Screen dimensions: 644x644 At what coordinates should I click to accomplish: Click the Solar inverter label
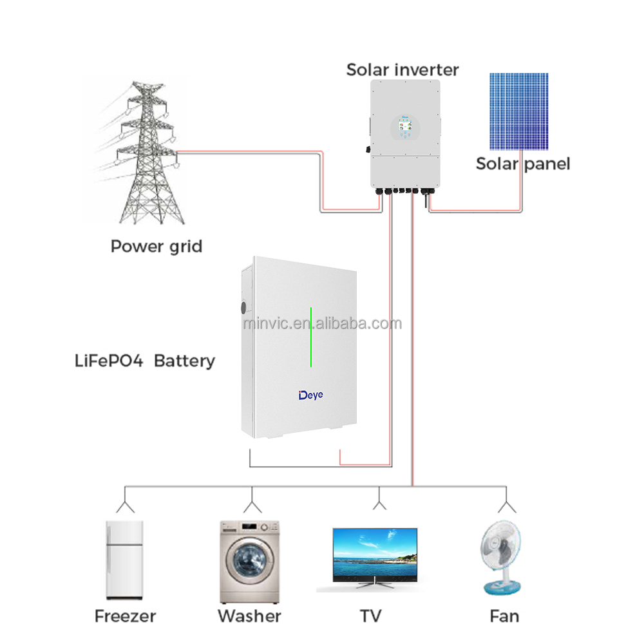(402, 70)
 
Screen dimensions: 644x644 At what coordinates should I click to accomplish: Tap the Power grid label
(156, 247)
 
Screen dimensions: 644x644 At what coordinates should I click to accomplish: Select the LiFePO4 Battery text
(144, 361)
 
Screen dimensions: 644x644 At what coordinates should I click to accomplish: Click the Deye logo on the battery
(311, 395)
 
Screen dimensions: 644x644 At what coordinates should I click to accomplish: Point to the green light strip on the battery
(311, 337)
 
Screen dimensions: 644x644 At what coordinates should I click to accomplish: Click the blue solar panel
(518, 111)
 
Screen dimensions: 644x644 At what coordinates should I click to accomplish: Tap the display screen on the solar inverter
(405, 126)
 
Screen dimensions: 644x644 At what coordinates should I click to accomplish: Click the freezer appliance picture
(124, 560)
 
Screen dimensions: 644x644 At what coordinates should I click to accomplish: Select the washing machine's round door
(249, 560)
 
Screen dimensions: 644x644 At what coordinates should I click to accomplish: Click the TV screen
(375, 553)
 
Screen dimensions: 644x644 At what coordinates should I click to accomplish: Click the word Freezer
(126, 616)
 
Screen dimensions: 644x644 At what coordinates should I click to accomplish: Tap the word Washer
(250, 616)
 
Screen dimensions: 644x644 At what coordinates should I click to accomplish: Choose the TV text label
(371, 616)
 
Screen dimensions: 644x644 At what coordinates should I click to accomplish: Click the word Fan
(505, 616)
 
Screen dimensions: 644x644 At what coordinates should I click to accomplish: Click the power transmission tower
(149, 153)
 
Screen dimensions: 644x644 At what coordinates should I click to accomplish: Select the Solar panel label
(523, 164)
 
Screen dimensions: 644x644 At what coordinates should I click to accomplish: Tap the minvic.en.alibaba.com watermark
(323, 323)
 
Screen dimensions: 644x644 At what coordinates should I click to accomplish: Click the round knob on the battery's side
(243, 307)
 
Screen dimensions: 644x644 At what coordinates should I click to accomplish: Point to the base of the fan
(502, 588)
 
